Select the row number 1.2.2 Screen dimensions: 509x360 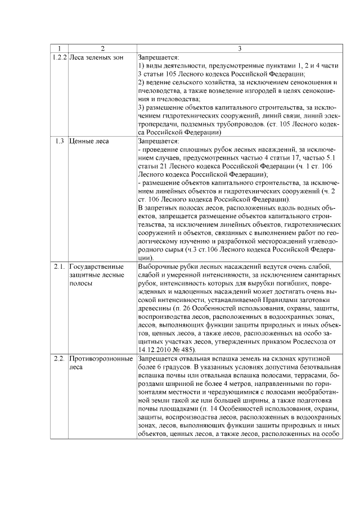click(x=58, y=57)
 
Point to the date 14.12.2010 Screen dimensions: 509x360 click(x=155, y=349)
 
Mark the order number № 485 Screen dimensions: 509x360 click(x=186, y=349)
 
